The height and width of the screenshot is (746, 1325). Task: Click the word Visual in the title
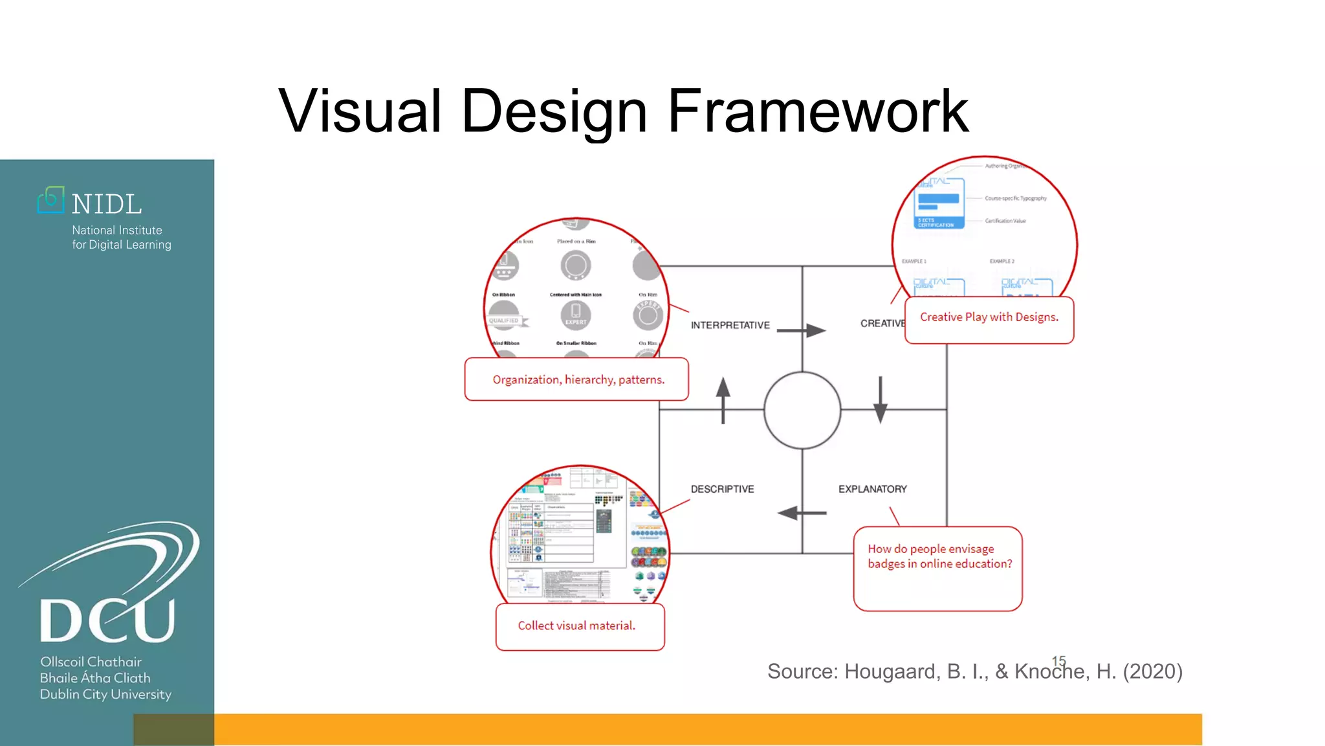pyautogui.click(x=360, y=111)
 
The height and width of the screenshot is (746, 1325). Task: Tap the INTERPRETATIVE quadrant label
pyautogui.click(x=730, y=325)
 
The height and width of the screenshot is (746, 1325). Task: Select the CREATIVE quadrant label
pyautogui.click(x=882, y=323)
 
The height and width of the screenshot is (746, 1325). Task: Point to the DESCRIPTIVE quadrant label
pyautogui.click(x=722, y=489)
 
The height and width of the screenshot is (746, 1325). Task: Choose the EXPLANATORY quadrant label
pyautogui.click(x=872, y=489)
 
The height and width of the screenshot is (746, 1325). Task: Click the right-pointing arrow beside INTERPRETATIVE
pyautogui.click(x=802, y=330)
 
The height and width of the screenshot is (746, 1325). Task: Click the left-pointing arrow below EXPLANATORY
pyautogui.click(x=802, y=513)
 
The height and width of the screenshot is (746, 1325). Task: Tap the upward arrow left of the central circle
pyautogui.click(x=723, y=400)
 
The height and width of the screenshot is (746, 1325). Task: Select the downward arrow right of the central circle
pyautogui.click(x=880, y=400)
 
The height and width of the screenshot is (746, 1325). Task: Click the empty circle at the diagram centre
pyautogui.click(x=802, y=410)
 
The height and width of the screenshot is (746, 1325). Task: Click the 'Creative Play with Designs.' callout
pyautogui.click(x=989, y=317)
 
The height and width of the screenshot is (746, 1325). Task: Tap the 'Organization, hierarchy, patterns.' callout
pyautogui.click(x=578, y=379)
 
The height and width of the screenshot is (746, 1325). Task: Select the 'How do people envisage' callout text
pyautogui.click(x=931, y=549)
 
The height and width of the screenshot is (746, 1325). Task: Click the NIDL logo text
pyautogui.click(x=107, y=205)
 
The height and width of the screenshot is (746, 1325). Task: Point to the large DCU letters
pyautogui.click(x=107, y=620)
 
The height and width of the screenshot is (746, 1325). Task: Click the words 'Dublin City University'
pyautogui.click(x=105, y=694)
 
